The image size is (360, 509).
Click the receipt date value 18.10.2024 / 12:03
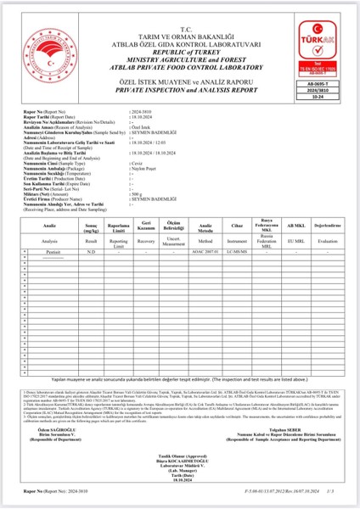149,144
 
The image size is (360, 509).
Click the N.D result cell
91,252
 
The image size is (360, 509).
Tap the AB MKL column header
295,227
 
